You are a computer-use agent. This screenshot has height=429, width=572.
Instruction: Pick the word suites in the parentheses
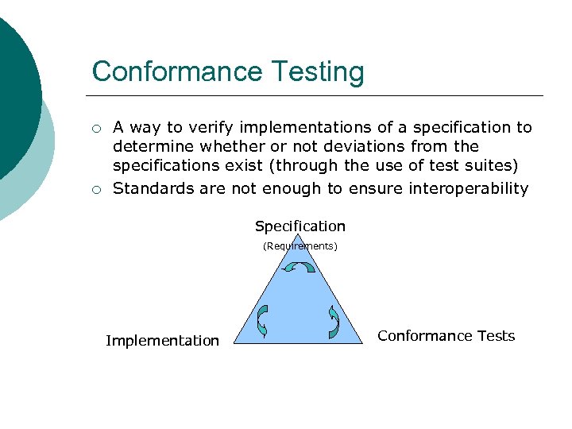(x=491, y=166)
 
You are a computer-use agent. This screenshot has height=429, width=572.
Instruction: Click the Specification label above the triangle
(x=300, y=226)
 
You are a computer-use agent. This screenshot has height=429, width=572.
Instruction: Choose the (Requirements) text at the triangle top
(x=300, y=246)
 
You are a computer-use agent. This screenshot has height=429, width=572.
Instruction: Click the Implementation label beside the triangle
(x=162, y=341)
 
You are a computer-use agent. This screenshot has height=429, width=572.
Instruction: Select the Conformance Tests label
(x=446, y=336)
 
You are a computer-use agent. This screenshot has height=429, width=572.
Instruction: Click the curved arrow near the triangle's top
(x=300, y=269)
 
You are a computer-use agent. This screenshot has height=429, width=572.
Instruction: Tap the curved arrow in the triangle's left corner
(x=263, y=320)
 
